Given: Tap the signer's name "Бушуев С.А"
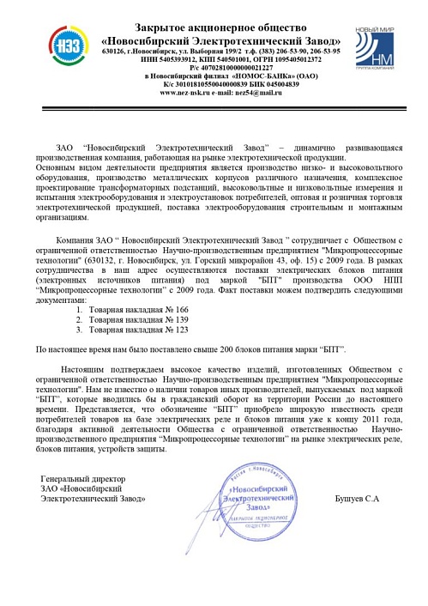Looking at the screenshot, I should pyautogui.click(x=360, y=500).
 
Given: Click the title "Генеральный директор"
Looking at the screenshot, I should pyautogui.click(x=83, y=478).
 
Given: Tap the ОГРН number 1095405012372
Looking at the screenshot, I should pyautogui.click(x=283, y=59).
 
